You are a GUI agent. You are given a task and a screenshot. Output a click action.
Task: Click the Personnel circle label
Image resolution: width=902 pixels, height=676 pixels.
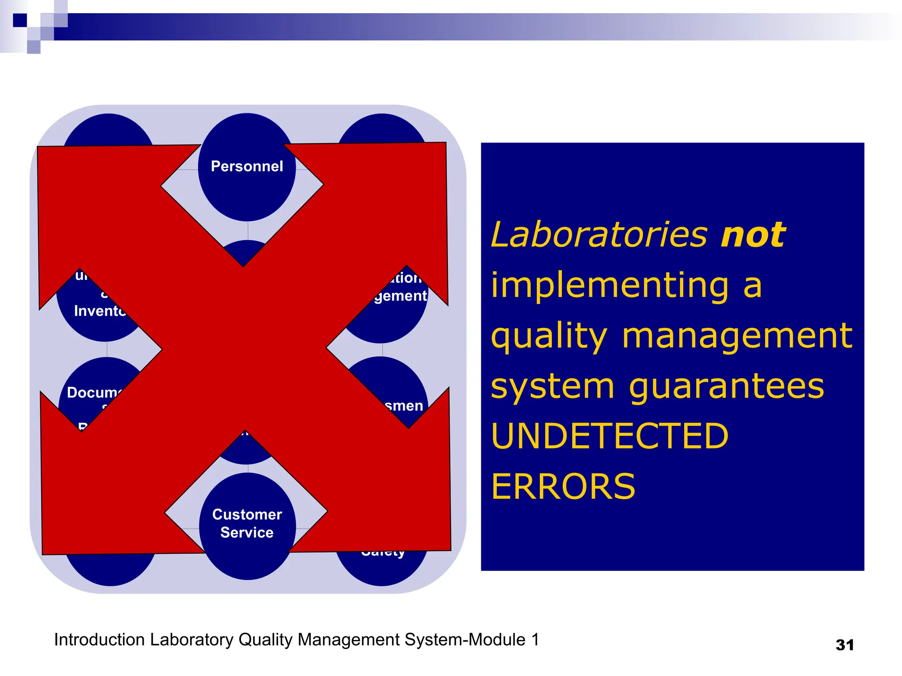[247, 166]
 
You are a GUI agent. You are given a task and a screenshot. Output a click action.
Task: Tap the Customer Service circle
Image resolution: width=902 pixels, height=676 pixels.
[247, 524]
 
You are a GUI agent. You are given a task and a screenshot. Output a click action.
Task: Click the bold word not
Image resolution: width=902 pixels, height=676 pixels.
[753, 235]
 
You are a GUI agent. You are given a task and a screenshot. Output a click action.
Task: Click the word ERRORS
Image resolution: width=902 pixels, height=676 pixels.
[563, 487]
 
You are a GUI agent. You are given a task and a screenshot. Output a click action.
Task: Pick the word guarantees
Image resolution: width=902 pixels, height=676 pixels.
[726, 386]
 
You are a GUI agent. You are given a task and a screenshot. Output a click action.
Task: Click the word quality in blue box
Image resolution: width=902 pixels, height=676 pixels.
[549, 336]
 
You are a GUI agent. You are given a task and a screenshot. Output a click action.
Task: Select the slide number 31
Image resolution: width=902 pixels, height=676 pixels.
[844, 645]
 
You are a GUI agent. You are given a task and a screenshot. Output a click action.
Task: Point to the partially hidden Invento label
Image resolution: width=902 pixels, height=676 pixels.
[100, 311]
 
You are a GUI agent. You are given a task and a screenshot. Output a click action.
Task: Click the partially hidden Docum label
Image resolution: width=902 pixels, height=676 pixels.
[93, 392]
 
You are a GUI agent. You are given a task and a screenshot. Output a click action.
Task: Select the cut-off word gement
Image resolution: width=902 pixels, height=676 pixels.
[400, 296]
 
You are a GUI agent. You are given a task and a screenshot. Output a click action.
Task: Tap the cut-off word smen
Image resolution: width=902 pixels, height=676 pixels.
[403, 406]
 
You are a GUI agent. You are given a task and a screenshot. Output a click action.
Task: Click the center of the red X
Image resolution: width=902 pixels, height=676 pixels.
[244, 348]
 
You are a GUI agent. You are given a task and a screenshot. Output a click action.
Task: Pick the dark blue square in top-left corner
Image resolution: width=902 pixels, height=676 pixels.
[20, 20]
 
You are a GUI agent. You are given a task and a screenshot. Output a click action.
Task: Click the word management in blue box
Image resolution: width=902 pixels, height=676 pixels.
[737, 336]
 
